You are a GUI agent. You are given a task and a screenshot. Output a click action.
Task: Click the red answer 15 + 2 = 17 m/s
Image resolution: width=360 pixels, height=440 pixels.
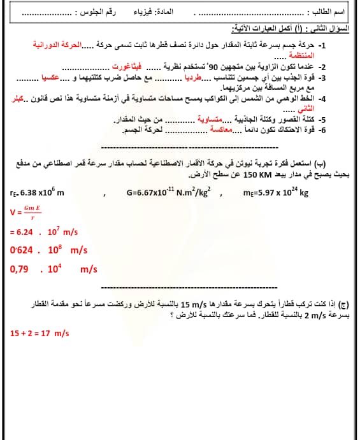point(40,333)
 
